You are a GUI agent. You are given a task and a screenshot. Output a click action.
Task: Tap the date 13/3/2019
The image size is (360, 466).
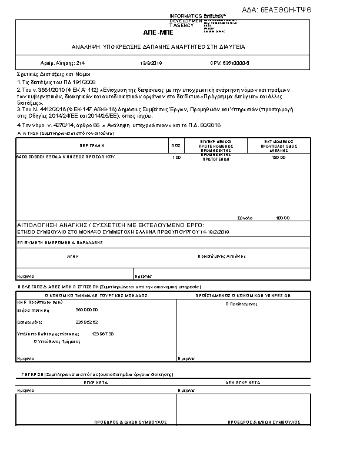[151, 62]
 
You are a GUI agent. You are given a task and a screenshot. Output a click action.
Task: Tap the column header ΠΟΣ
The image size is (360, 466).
[175, 145]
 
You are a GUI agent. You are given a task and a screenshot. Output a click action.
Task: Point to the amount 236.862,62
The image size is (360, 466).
[86, 322]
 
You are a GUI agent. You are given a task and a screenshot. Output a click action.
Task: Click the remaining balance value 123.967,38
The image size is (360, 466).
[103, 334]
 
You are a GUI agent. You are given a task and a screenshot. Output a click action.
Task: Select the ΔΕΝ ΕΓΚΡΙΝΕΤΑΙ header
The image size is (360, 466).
[243, 382]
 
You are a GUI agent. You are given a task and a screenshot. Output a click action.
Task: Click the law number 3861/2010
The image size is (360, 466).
[44, 89]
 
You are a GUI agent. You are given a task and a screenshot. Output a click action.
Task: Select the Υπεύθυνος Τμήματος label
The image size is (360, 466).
[55, 341]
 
